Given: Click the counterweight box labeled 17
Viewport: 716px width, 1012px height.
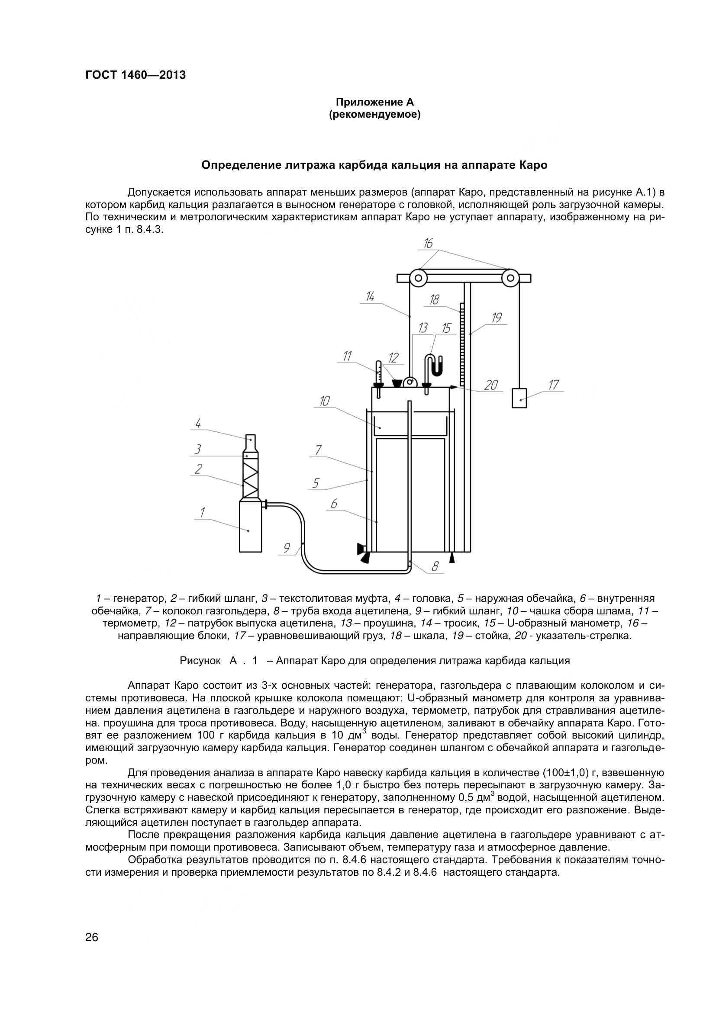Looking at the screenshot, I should pyautogui.click(x=519, y=398).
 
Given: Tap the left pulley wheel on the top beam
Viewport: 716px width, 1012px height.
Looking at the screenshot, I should pyautogui.click(x=417, y=278).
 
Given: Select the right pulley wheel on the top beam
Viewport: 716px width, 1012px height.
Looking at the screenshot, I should pyautogui.click(x=510, y=278).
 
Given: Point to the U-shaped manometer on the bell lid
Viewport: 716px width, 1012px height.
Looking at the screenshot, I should pyautogui.click(x=434, y=366).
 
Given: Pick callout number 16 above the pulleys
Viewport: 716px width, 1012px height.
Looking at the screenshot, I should pyautogui.click(x=428, y=243).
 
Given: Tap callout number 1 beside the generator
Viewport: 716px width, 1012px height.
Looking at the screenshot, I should pyautogui.click(x=202, y=512).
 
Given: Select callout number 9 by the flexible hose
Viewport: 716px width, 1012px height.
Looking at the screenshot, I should pyautogui.click(x=287, y=548).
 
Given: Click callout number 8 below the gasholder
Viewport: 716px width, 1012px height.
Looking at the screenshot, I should pyautogui.click(x=435, y=566).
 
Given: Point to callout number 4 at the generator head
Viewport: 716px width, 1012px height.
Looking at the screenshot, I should pyautogui.click(x=198, y=424).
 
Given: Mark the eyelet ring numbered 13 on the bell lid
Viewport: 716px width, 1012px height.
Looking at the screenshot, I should pyautogui.click(x=411, y=382).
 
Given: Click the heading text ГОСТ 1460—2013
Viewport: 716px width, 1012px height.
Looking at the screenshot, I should pyautogui.click(x=135, y=75).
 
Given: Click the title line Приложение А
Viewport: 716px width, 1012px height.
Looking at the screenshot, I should pyautogui.click(x=375, y=102).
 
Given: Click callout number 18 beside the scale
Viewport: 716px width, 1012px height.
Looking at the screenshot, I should pyautogui.click(x=434, y=300).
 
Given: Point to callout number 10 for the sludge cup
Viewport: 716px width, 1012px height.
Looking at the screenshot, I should pyautogui.click(x=325, y=401).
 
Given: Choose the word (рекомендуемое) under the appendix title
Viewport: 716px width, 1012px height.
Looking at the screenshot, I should pyautogui.click(x=375, y=115).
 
